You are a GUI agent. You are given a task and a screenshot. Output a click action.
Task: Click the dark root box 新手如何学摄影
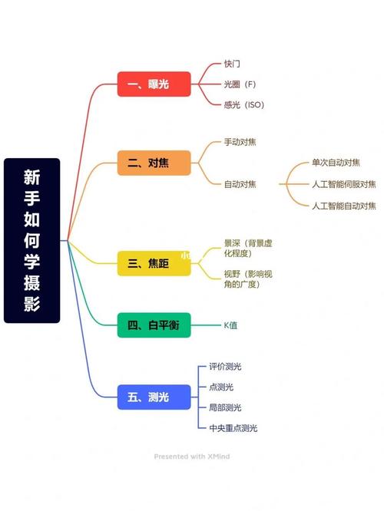click(x=31, y=240)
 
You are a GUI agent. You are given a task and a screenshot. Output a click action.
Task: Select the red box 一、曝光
click(x=154, y=84)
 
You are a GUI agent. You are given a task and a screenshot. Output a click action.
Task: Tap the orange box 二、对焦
click(x=154, y=163)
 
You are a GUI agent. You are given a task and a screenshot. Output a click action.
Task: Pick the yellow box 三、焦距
click(x=154, y=263)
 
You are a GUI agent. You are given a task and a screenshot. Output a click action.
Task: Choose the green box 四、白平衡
click(x=154, y=325)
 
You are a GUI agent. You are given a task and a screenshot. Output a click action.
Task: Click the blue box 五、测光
click(x=154, y=397)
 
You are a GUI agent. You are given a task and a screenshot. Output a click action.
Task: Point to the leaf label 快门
click(x=232, y=64)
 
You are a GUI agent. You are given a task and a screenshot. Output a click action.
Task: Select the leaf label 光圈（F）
click(x=240, y=84)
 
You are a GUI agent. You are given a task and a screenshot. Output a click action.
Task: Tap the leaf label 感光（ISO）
click(x=243, y=104)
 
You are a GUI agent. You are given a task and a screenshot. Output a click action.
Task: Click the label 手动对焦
click(x=240, y=143)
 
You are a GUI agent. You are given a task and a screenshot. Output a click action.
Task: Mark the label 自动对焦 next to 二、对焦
click(x=240, y=184)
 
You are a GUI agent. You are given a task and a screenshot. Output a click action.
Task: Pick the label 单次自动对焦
click(x=335, y=163)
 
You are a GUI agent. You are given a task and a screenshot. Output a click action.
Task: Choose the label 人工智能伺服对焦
click(x=343, y=184)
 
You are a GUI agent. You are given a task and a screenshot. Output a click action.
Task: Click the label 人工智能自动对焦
click(x=343, y=206)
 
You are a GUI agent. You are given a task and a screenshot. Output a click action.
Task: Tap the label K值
click(x=230, y=325)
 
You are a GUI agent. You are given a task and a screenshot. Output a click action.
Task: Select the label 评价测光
click(x=225, y=367)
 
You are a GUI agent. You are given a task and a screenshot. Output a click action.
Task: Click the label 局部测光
click(x=225, y=407)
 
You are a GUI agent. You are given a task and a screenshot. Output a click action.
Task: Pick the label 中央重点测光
click(x=233, y=428)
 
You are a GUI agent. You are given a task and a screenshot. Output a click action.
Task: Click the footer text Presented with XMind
click(x=192, y=456)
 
